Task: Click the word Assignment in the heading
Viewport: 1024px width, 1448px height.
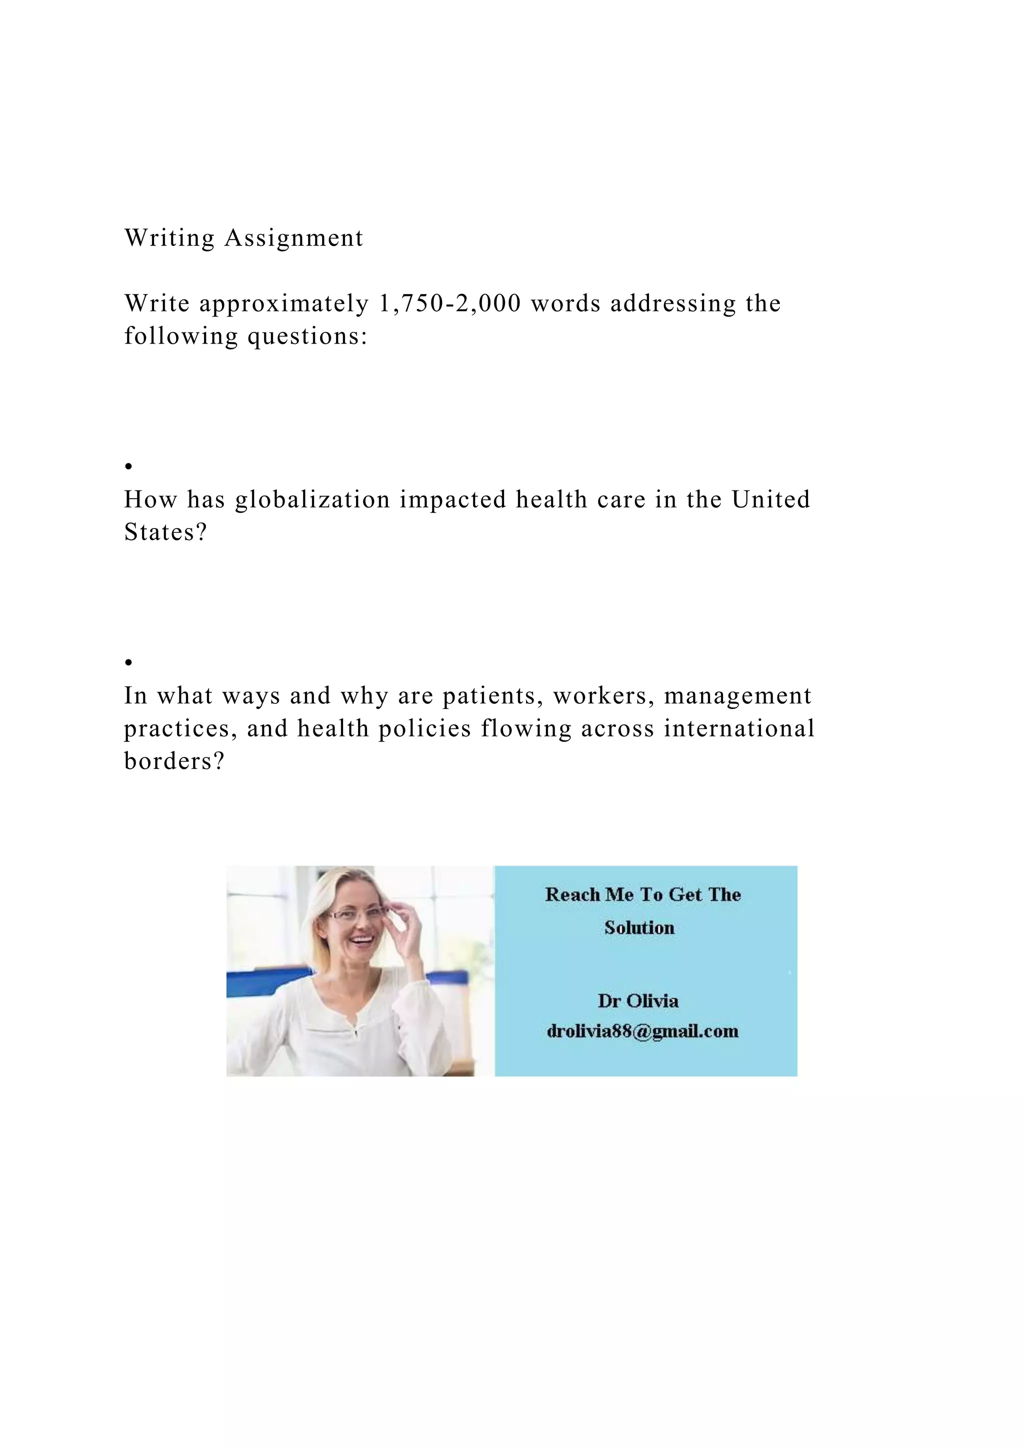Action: pyautogui.click(x=294, y=238)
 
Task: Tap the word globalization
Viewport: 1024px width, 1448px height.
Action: pyautogui.click(x=312, y=499)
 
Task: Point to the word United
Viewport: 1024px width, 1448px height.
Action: pyautogui.click(x=770, y=499)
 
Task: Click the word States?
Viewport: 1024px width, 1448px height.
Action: pyautogui.click(x=165, y=532)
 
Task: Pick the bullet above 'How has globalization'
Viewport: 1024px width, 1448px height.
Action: pyautogui.click(x=128, y=466)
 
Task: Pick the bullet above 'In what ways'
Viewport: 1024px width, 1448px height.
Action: pyautogui.click(x=128, y=662)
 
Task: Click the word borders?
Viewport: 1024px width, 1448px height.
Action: pyautogui.click(x=174, y=761)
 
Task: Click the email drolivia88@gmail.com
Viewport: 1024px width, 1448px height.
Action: pyautogui.click(x=642, y=1031)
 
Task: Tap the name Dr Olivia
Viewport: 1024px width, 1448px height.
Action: pyautogui.click(x=638, y=1001)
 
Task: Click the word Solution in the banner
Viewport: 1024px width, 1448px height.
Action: pyautogui.click(x=639, y=927)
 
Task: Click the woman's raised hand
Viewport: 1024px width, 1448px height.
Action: pyautogui.click(x=404, y=927)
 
